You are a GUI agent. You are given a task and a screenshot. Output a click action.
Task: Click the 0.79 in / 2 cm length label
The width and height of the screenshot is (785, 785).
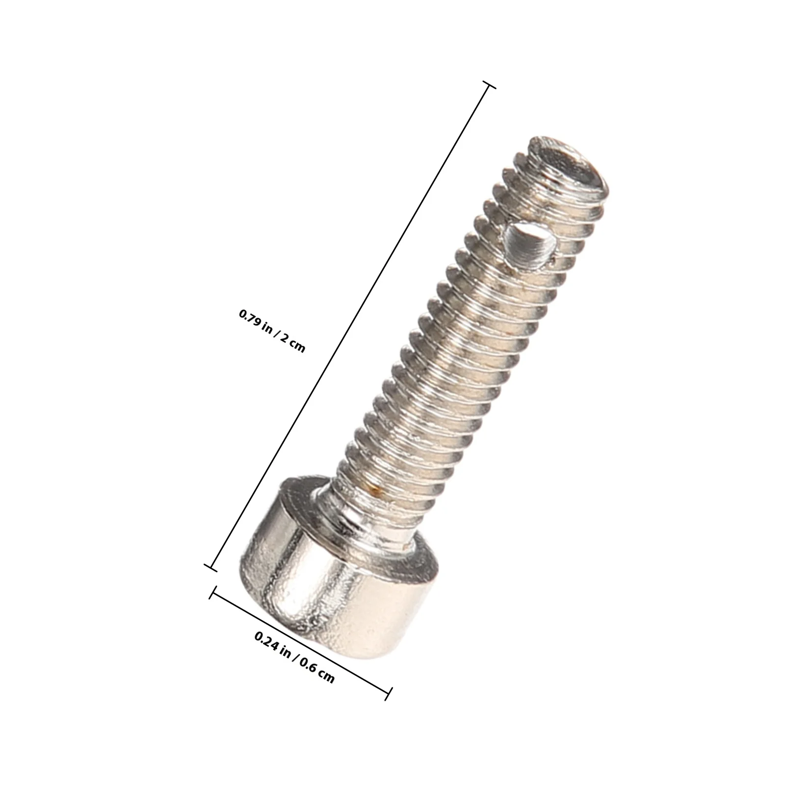(272, 331)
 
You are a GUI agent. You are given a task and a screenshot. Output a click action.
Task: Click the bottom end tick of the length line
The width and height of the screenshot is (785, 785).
(211, 568)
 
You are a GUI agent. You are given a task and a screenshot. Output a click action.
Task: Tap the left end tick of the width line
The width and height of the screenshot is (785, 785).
(212, 592)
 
